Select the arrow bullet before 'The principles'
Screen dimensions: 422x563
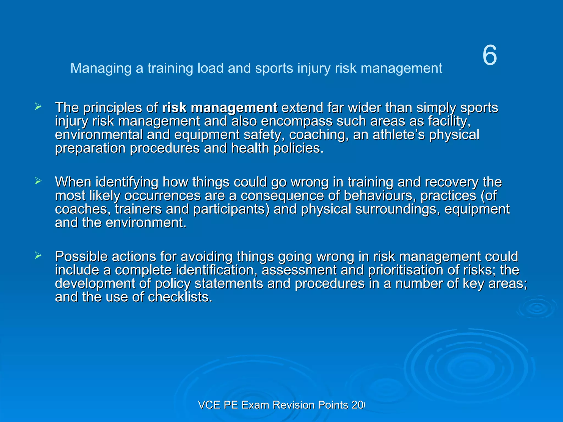coord(38,107)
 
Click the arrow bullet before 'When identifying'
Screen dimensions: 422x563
coord(38,181)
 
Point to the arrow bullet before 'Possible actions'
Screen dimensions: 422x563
coord(38,256)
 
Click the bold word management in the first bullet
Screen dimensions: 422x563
coord(234,108)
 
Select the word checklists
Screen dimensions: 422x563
coord(180,297)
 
